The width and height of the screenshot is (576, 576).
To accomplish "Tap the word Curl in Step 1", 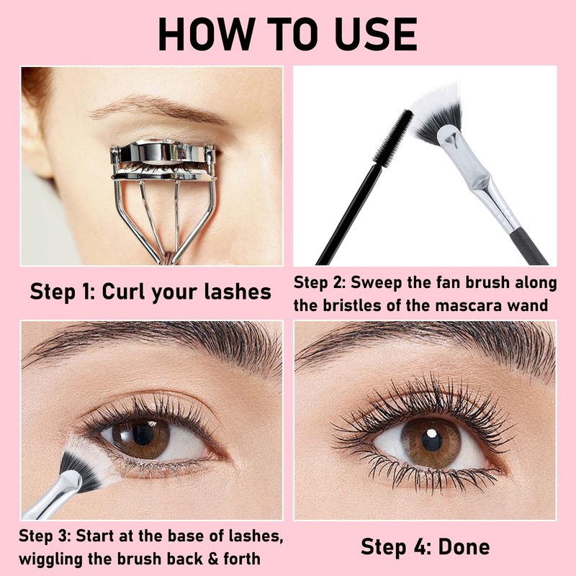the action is click(x=124, y=292).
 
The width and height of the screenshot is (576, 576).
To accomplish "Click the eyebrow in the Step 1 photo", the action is click(x=158, y=109).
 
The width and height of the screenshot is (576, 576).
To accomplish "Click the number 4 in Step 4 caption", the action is click(x=417, y=547).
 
